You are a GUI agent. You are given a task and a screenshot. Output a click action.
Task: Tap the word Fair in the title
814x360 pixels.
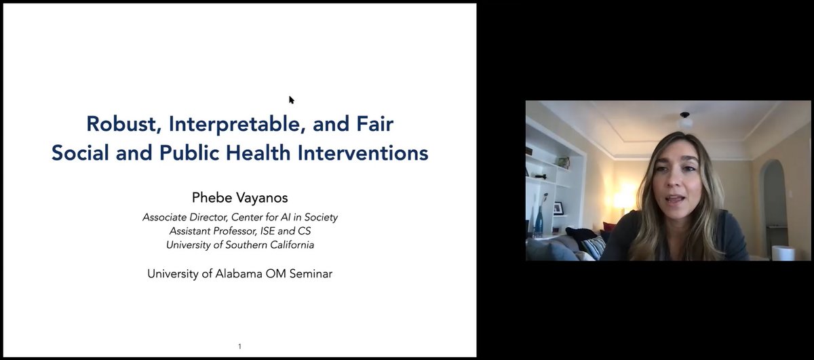tap(374, 124)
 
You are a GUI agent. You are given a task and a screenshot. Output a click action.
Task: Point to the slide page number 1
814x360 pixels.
tap(239, 346)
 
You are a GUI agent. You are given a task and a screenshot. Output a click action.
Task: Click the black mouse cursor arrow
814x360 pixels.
tap(291, 100)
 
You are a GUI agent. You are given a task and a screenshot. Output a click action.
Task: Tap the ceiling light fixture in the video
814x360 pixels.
tap(685, 119)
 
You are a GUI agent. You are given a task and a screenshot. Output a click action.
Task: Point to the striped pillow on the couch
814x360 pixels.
tap(592, 247)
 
